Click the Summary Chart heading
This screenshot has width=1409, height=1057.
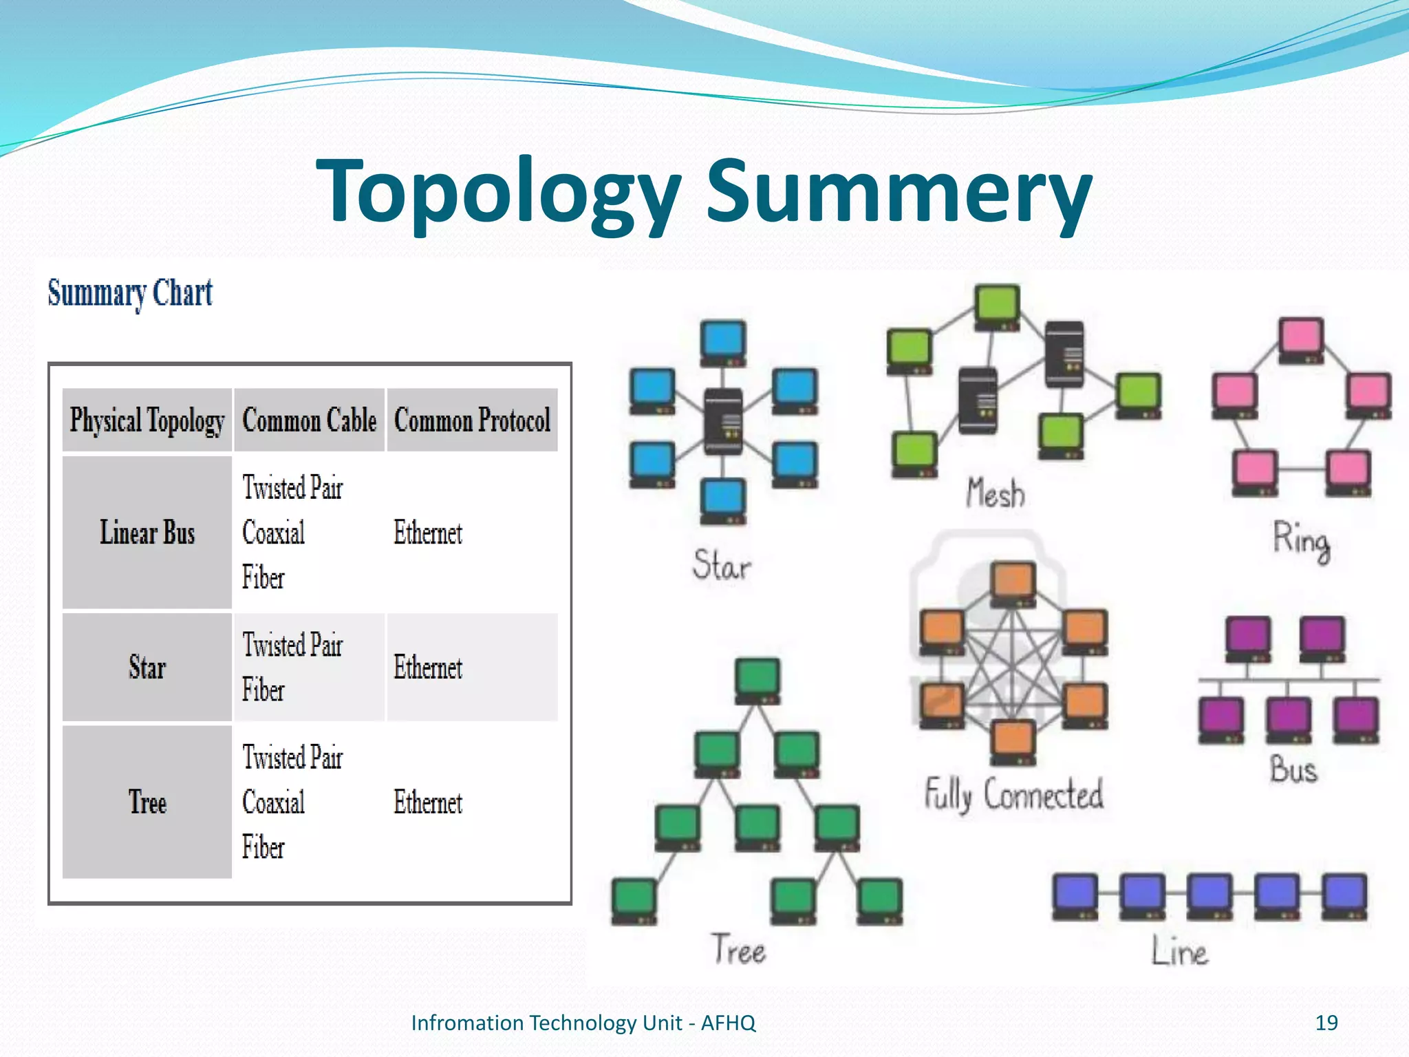click(130, 293)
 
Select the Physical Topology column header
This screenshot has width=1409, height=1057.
click(147, 420)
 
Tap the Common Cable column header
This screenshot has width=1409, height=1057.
click(309, 420)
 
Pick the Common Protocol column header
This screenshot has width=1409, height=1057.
click(472, 420)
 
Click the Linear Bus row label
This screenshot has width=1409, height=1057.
click(147, 533)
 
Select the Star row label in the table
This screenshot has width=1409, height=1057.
click(147, 668)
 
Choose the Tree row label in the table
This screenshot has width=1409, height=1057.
click(147, 802)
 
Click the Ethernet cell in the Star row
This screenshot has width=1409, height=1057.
click(428, 668)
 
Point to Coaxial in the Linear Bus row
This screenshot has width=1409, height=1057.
click(273, 533)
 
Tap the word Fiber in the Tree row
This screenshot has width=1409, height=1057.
click(263, 847)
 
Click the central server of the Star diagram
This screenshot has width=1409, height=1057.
click(723, 421)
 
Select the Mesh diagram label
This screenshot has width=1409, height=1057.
click(996, 493)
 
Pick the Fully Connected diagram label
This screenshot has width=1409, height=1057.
click(1013, 794)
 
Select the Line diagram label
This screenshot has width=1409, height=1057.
click(1179, 952)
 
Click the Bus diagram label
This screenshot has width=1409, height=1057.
click(1293, 769)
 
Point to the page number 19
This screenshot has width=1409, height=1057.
click(1326, 1023)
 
